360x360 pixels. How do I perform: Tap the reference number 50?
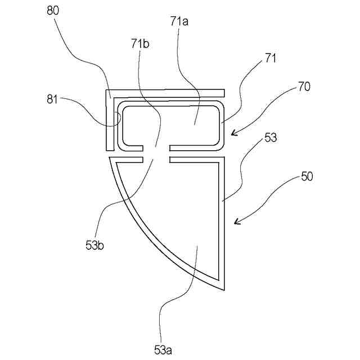tap(307, 177)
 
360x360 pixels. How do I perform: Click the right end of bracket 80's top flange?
tap(224, 92)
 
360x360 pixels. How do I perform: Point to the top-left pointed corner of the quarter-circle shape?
tap(109, 159)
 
